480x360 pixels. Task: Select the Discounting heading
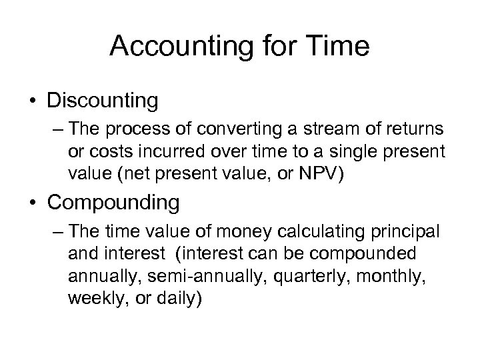103,101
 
